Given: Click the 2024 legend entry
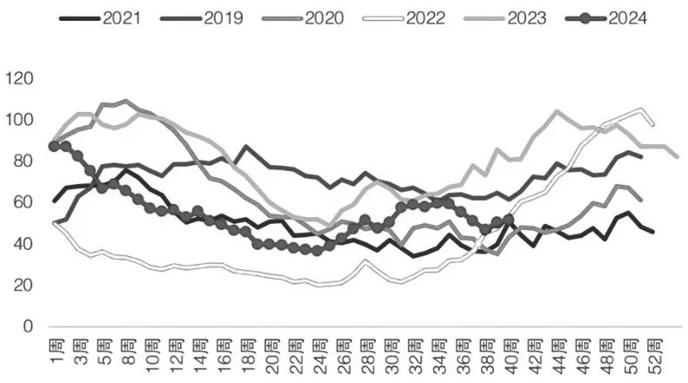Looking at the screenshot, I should (620, 16).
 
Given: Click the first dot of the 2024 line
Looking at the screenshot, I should (55, 147).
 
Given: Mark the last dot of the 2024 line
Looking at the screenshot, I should (509, 221).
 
